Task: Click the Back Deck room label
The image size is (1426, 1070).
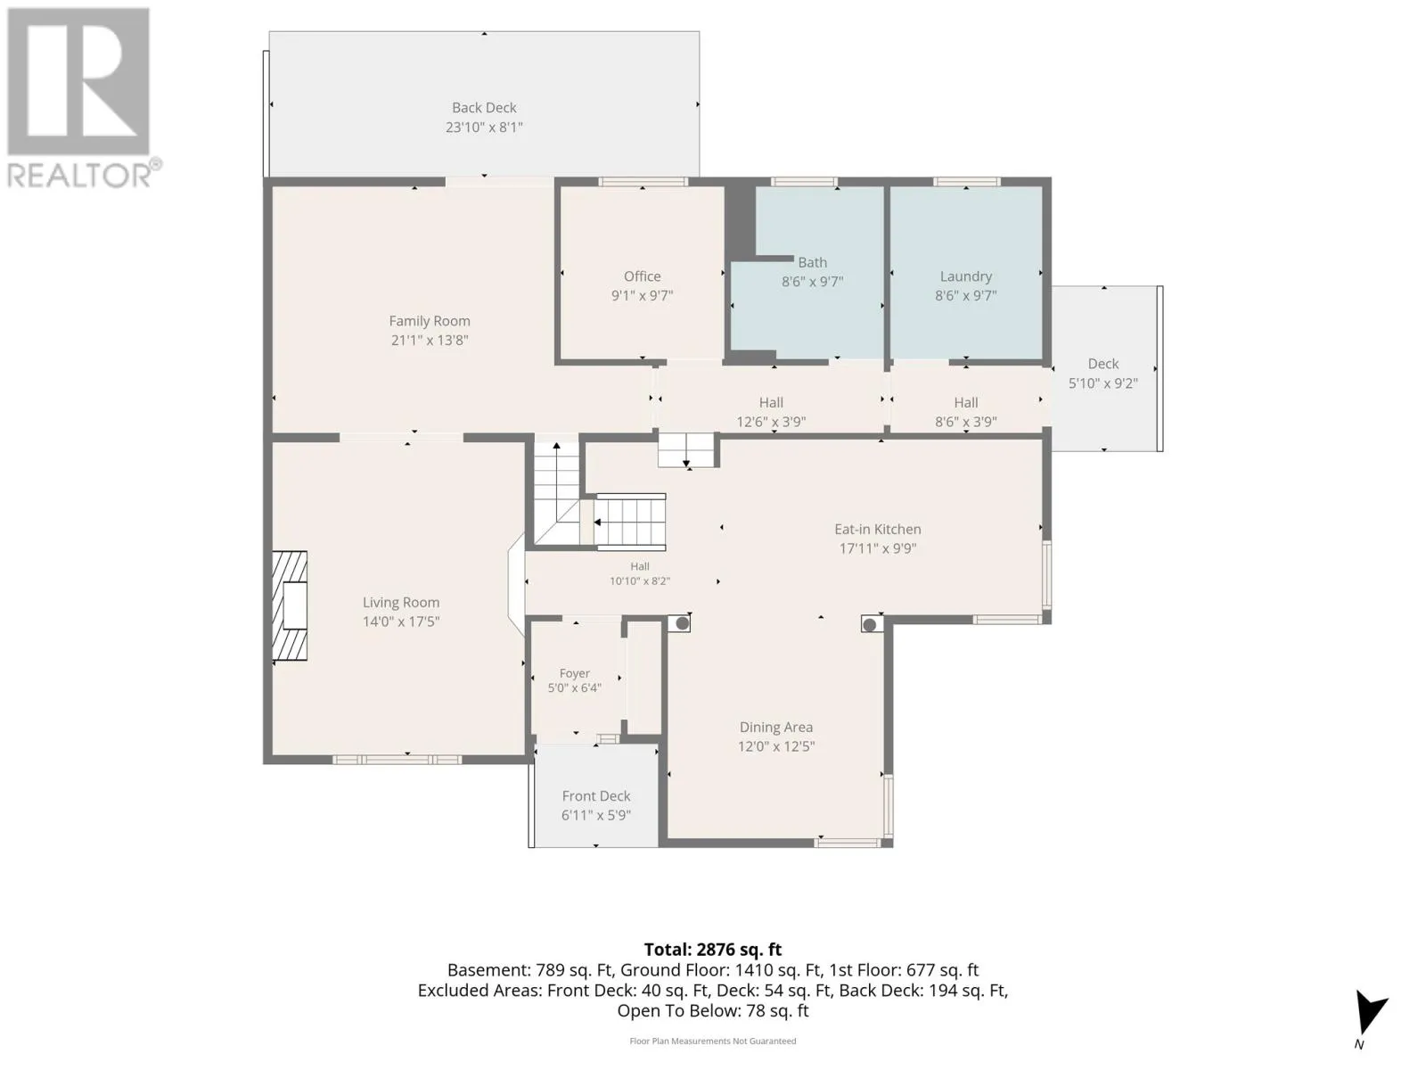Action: coord(484,108)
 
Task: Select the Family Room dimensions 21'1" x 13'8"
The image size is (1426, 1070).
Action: coord(430,341)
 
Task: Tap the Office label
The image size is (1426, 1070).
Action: coord(642,276)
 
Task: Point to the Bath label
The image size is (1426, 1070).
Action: coord(812,262)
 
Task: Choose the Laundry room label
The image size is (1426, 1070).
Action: coord(965,276)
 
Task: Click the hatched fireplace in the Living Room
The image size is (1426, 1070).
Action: coord(290,606)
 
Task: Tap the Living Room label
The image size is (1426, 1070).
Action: coord(401,603)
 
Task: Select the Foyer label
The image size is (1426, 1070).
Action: coord(574,674)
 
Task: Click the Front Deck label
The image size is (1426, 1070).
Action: coord(595,796)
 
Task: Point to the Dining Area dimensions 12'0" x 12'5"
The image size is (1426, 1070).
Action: coord(775,746)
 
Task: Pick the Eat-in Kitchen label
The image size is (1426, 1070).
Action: coord(878,530)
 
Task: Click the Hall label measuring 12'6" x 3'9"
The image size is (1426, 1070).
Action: coord(771,403)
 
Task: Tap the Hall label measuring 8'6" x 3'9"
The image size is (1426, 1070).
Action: coord(965,403)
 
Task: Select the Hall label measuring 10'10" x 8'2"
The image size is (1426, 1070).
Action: coord(639,566)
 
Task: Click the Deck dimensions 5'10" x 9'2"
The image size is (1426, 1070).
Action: coord(1103,383)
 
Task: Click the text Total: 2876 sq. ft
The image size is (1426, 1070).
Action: coord(713,950)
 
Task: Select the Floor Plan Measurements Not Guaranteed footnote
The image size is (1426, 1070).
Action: coord(713,1041)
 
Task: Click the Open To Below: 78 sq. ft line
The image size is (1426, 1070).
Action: coord(713,1011)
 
